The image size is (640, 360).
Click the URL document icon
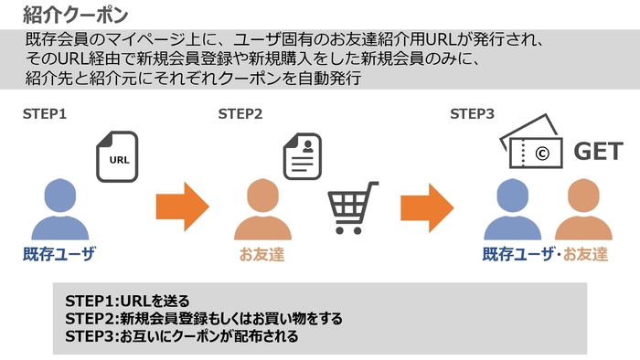coord(118,156)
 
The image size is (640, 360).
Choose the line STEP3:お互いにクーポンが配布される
coord(182,335)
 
